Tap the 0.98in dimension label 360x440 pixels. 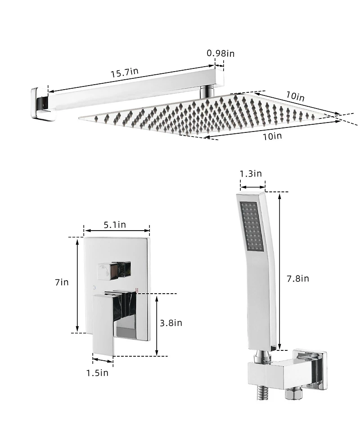click(x=220, y=53)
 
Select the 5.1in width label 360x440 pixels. click(x=115, y=224)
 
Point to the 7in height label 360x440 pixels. click(x=62, y=282)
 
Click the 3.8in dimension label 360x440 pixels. click(x=171, y=322)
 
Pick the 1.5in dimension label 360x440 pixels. click(x=98, y=372)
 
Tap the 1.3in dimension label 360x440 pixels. click(x=251, y=173)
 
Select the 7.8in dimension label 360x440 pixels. click(x=298, y=278)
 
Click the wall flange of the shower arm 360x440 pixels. click(x=41, y=103)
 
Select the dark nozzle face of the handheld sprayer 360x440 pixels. click(x=252, y=227)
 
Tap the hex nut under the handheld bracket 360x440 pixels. click(x=291, y=393)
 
